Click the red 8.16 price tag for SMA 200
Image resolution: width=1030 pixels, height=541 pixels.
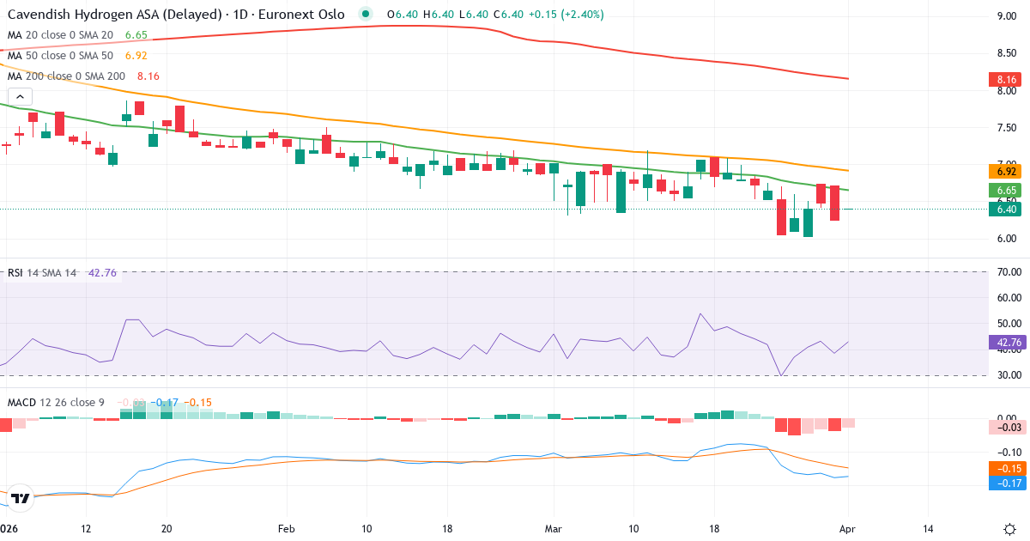point(1006,80)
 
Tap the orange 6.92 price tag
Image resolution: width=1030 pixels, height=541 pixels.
point(1006,171)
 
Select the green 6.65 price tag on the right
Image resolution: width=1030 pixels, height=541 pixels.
point(1006,190)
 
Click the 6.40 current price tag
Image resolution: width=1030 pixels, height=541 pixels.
point(1006,209)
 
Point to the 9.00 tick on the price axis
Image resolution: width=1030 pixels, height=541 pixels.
point(1006,16)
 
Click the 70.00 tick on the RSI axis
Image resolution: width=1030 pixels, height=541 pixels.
point(1008,272)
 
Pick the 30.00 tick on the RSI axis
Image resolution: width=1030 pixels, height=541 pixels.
point(1008,375)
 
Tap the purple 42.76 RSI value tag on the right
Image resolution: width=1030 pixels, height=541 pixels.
point(1006,342)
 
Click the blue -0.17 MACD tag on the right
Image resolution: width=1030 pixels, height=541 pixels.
point(1006,483)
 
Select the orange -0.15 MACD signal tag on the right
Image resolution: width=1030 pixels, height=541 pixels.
point(1006,468)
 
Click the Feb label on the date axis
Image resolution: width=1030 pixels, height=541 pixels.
point(286,527)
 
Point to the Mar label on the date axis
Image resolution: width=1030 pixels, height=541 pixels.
point(553,527)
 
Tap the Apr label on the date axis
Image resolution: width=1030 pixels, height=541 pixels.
point(848,527)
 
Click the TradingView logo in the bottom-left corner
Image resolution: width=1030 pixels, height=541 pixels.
point(20,497)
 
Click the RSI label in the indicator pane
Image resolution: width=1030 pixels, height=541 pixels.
point(15,273)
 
